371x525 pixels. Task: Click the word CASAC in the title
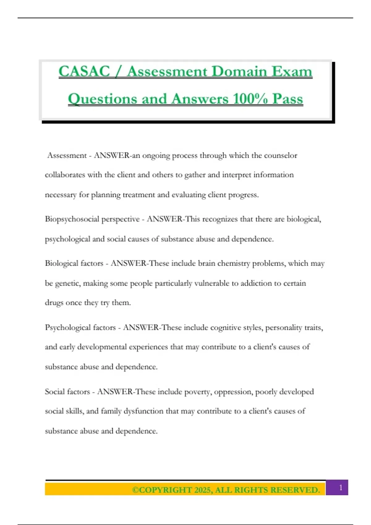point(84,71)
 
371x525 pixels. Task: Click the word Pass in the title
point(288,99)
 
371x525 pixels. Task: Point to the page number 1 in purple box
point(341,488)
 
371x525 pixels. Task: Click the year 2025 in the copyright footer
point(203,490)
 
